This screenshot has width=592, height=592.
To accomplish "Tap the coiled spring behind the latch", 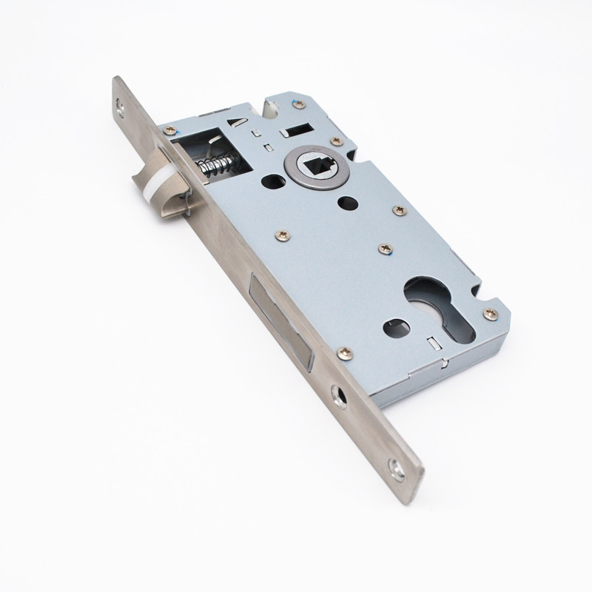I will coord(214,164).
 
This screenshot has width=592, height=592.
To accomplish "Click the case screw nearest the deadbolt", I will coord(346,354).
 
